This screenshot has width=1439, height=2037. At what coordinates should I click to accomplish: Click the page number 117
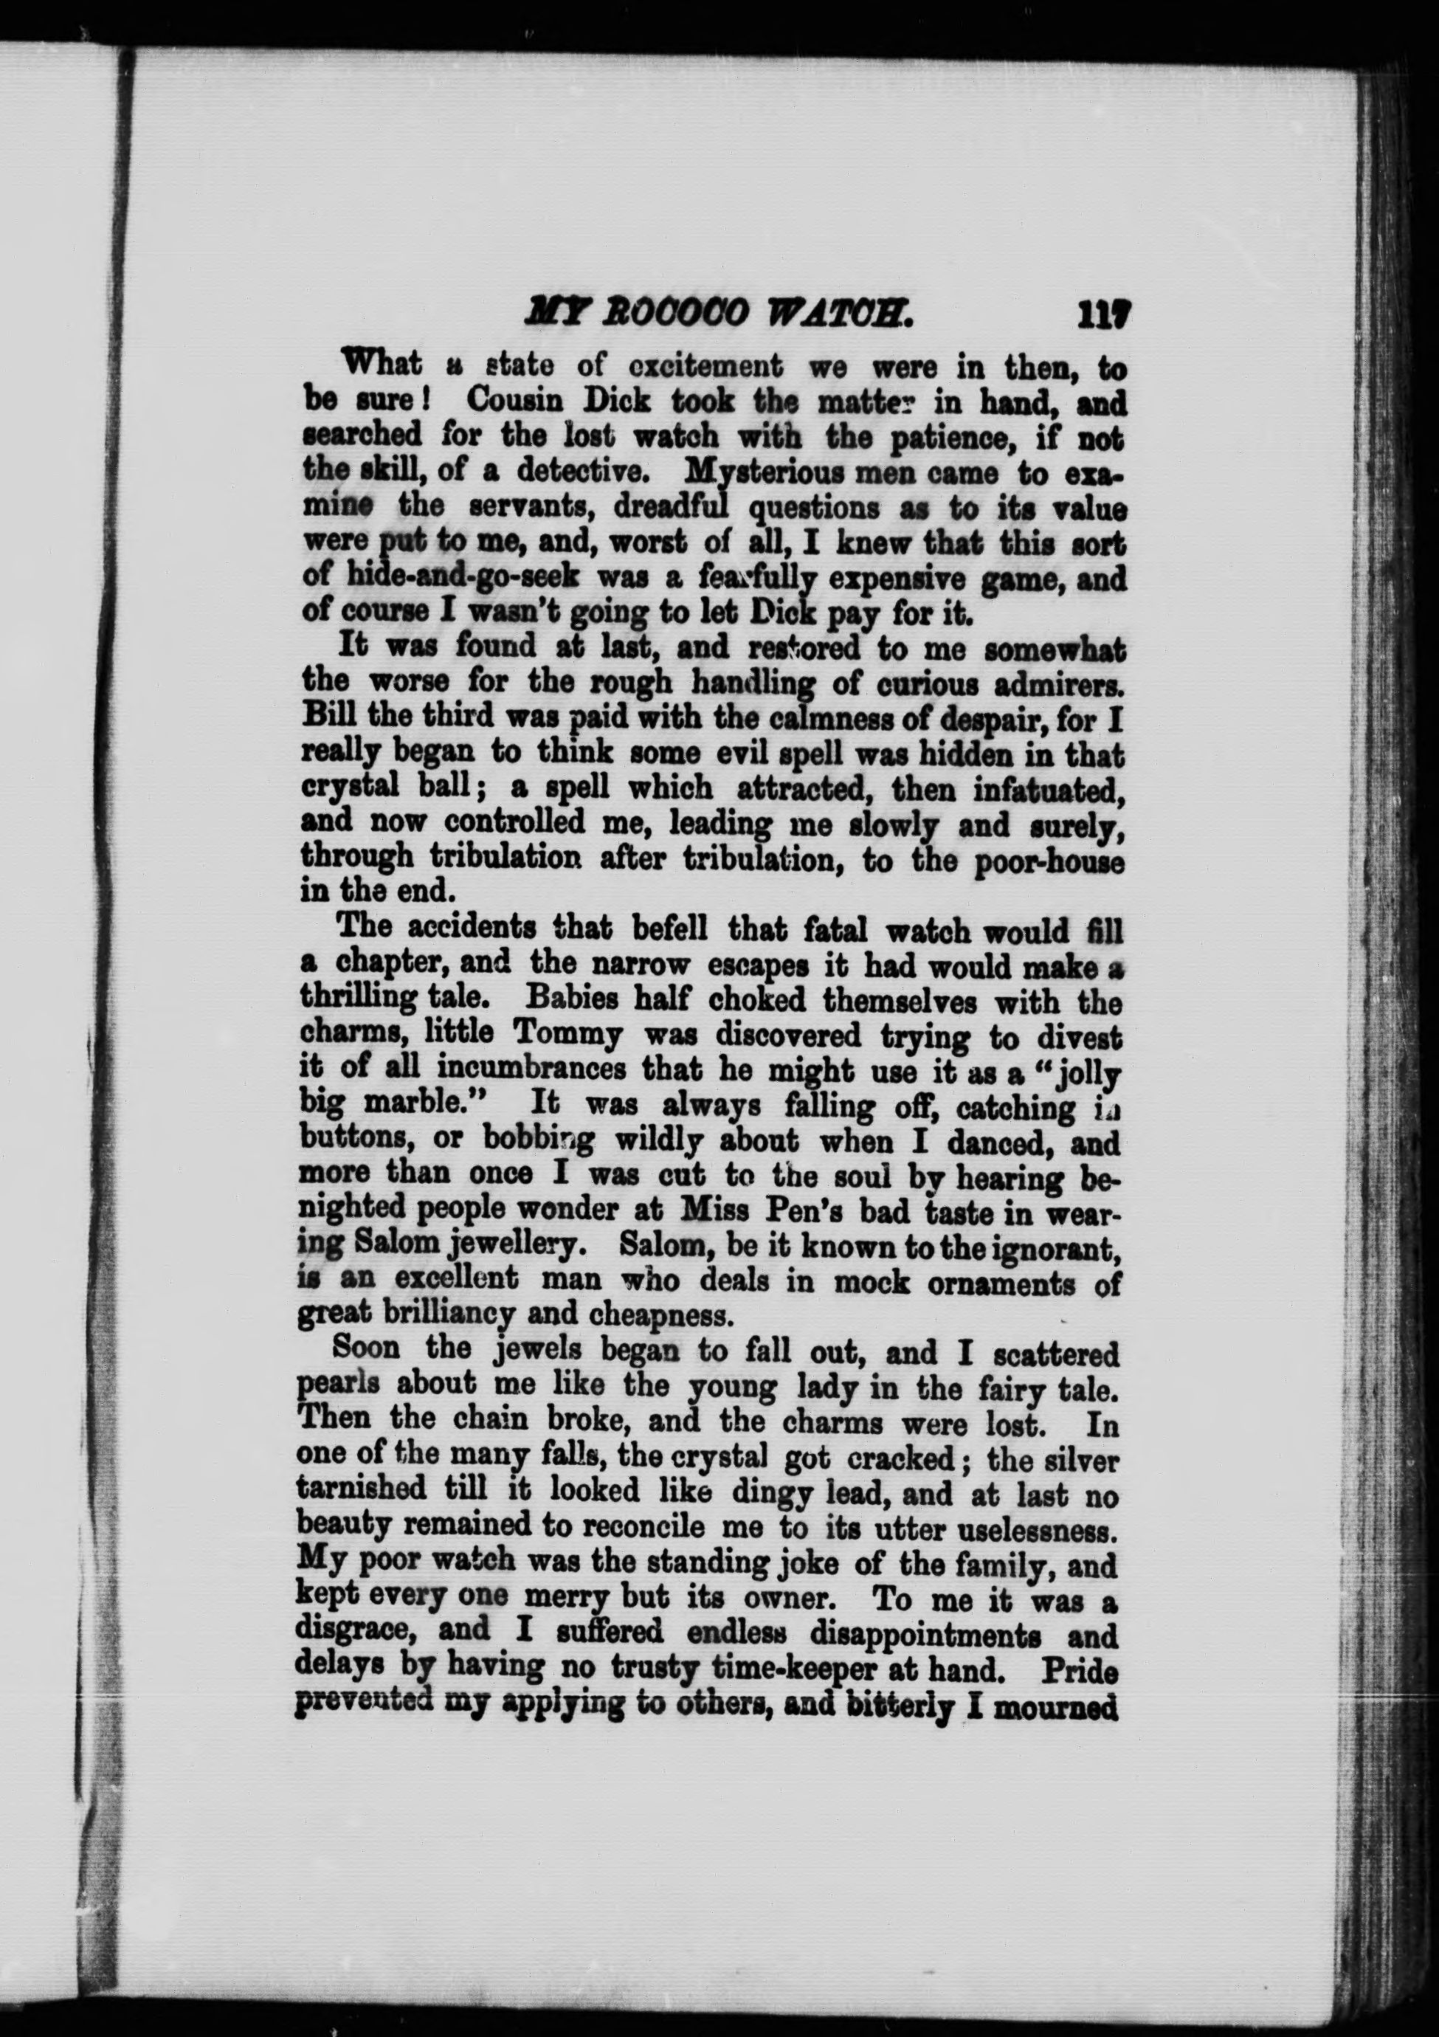pos(1102,314)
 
